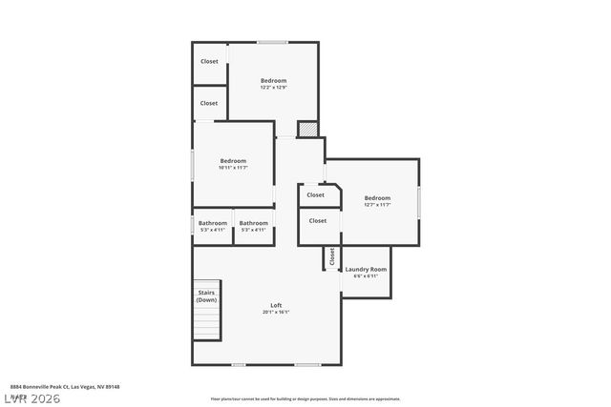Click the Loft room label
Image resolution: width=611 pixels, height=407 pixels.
click(x=276, y=305)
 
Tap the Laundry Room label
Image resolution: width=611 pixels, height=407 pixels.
click(x=366, y=270)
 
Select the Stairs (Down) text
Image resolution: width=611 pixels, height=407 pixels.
click(x=206, y=296)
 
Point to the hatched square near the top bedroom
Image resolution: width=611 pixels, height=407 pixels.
click(x=306, y=130)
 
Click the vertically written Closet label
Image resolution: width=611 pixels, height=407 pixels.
click(x=332, y=256)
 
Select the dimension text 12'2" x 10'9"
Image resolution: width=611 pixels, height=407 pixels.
click(x=274, y=88)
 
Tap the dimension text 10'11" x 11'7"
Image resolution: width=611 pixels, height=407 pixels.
click(x=233, y=168)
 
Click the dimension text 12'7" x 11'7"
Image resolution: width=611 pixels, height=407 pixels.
click(x=377, y=205)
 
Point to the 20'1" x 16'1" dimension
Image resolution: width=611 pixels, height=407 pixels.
click(x=276, y=312)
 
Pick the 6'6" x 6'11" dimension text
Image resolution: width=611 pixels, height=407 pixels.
click(x=366, y=276)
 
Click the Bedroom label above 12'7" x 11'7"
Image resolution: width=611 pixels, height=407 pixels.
click(x=377, y=197)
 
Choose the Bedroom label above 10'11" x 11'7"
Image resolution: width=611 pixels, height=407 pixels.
click(x=233, y=160)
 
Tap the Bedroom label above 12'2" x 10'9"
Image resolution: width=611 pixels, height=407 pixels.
click(x=274, y=81)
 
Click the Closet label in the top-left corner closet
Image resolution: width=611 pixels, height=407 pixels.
click(x=209, y=61)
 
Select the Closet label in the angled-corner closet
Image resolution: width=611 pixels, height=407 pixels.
click(x=316, y=194)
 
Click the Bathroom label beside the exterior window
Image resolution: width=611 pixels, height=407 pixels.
click(x=213, y=223)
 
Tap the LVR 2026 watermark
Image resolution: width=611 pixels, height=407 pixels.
click(x=31, y=397)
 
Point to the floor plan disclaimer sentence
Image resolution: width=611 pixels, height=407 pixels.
click(x=305, y=399)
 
